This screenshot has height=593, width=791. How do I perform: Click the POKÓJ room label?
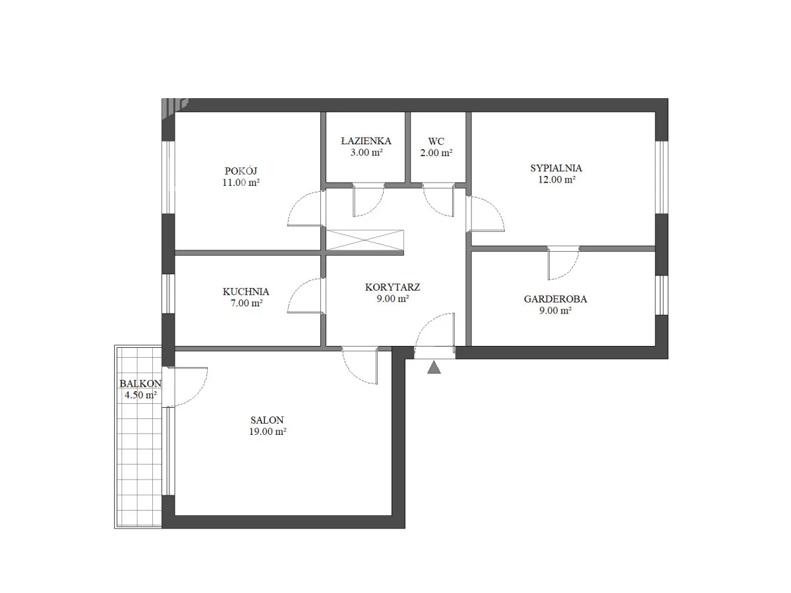coord(241,171)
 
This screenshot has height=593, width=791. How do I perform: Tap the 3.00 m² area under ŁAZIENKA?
coord(366,152)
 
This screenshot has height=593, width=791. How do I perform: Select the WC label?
coord(436,141)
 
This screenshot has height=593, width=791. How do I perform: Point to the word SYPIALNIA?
coord(556,168)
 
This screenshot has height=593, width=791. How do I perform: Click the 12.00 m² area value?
coord(556,179)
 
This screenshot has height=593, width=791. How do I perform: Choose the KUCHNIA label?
coord(246,291)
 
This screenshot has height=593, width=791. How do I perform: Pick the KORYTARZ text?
coord(392,287)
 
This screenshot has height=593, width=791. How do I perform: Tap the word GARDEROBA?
coord(555,299)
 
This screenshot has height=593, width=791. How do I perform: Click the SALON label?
coord(267,420)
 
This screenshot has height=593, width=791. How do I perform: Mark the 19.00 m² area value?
coord(268,432)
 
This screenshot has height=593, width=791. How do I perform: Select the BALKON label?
coord(140,383)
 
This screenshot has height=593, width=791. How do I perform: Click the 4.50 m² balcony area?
coord(140,395)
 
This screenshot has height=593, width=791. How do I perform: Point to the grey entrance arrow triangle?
coord(434,368)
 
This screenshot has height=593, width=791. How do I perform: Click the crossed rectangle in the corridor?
coord(365,240)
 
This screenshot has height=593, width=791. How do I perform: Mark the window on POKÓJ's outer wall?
coord(168,177)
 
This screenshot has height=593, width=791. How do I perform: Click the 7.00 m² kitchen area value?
coord(247,303)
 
